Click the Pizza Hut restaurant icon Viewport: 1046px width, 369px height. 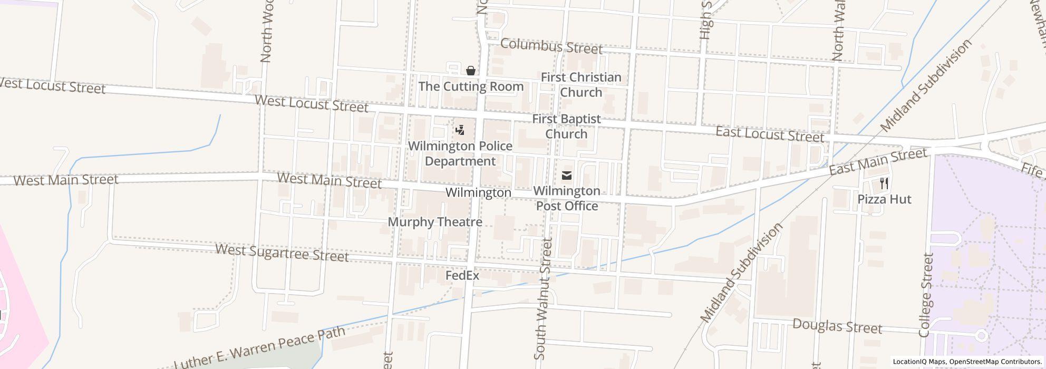(884, 183)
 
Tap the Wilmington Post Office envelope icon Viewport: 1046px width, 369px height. (567, 176)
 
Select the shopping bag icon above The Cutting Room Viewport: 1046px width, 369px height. (470, 71)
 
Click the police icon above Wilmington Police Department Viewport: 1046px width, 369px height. (460, 130)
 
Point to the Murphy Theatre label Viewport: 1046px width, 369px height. (435, 222)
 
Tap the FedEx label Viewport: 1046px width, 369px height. (462, 276)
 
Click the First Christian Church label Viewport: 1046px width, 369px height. (581, 85)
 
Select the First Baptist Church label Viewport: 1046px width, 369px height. (566, 127)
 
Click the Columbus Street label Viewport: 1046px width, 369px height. (551, 46)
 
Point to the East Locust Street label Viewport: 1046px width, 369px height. (769, 134)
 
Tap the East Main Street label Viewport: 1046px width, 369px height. (877, 162)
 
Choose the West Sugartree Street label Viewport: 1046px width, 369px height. (282, 253)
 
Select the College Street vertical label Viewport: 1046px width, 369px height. (926, 295)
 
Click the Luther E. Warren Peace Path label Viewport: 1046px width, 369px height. (259, 348)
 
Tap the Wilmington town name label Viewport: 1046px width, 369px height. (478, 193)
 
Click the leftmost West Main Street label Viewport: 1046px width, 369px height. (65, 180)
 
